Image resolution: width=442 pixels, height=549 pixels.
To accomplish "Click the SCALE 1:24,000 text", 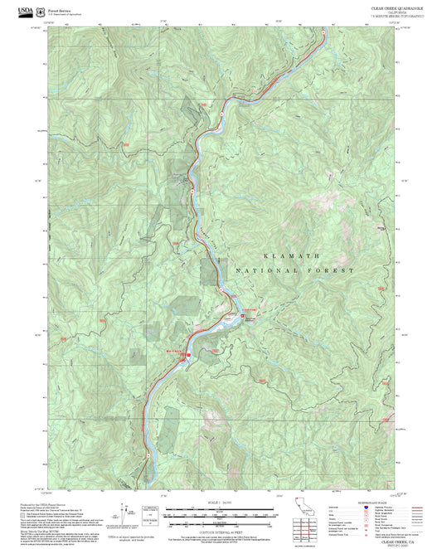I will (x=208, y=503).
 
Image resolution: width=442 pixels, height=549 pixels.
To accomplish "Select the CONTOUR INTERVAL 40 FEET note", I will (x=208, y=527).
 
